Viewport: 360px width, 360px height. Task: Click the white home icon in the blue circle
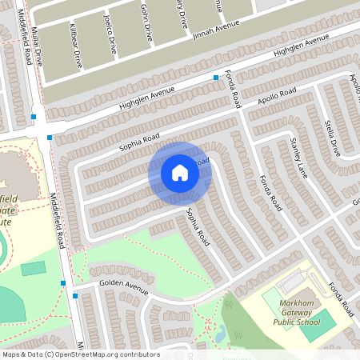(180, 172)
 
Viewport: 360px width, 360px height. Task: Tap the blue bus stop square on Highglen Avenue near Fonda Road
(216, 78)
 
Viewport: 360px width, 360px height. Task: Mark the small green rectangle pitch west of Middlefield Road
(33, 268)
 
